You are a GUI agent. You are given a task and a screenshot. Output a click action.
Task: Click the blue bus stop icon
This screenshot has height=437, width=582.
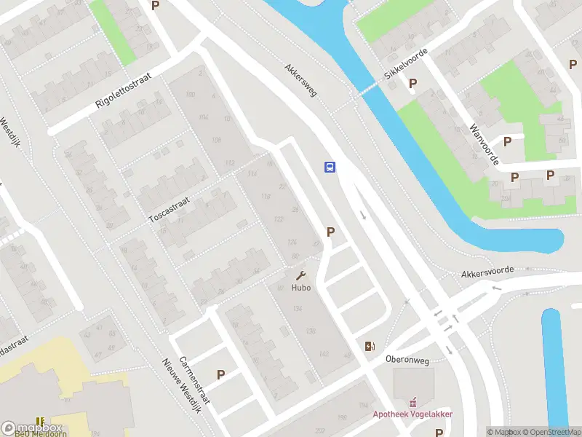[330, 167]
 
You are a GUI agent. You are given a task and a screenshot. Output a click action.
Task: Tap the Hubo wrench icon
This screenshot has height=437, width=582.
[301, 276]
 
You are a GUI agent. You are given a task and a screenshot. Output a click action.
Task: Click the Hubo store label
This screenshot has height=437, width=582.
[301, 288]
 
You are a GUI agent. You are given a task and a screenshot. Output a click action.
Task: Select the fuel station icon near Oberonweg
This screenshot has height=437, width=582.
[370, 346]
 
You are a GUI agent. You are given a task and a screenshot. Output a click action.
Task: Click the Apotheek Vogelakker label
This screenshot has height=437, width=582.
[413, 414]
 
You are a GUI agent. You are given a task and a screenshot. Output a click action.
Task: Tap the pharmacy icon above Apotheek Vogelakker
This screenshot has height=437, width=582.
[414, 401]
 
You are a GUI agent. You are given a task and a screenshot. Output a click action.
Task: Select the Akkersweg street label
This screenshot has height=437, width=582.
[301, 83]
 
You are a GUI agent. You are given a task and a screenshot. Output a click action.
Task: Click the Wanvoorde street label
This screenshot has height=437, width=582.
[483, 144]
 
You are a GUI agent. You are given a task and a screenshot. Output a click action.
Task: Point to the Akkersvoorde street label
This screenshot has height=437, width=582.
[487, 271]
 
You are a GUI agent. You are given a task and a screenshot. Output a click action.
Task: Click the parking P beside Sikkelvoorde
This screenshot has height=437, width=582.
[413, 84]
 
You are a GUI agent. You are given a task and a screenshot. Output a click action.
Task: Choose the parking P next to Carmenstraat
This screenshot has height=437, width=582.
[220, 374]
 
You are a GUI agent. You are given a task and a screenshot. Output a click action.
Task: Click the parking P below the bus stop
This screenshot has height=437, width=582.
[331, 232]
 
